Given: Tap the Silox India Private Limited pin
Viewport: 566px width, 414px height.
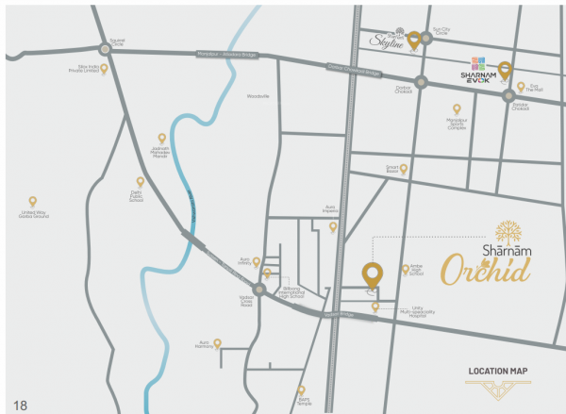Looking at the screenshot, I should click(x=105, y=68).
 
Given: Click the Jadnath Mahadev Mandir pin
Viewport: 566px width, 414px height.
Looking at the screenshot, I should click(x=161, y=139).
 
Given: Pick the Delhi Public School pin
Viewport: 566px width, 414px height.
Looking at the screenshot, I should click(x=141, y=182).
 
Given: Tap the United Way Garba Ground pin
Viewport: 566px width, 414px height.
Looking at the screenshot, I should click(x=33, y=201).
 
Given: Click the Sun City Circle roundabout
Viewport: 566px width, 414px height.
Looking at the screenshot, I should click(x=426, y=39).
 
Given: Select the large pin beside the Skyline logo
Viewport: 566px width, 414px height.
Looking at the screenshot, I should click(x=413, y=39).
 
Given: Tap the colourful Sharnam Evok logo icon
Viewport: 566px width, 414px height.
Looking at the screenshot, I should click(x=481, y=65).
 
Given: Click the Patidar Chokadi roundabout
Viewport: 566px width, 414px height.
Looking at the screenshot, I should click(x=508, y=95).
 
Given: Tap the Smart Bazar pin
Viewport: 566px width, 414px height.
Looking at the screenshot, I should click(x=404, y=170).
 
